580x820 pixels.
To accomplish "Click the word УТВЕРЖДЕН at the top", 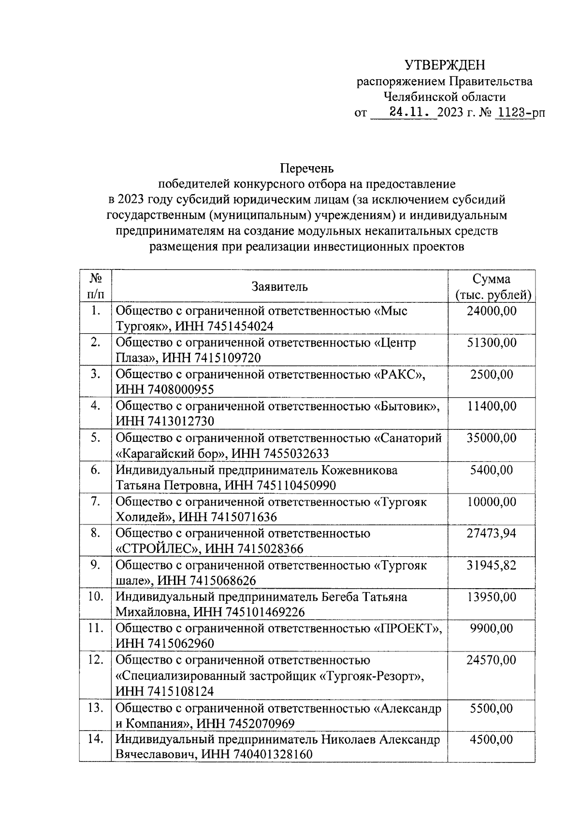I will coord(444,65).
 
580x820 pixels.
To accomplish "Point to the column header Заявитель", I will coord(279,287).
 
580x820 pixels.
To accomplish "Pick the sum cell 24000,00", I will coord(491,311).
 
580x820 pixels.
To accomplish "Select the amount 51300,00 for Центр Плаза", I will coord(491,343).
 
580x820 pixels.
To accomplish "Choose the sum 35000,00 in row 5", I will coord(491,438).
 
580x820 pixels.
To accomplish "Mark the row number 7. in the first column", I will coord(95,502).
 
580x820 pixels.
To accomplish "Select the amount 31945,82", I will coord(491,565).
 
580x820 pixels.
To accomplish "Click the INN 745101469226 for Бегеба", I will coord(264,612).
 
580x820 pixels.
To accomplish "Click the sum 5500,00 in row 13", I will coord(491,708).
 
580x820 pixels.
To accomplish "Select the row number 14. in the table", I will coord(95,739).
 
